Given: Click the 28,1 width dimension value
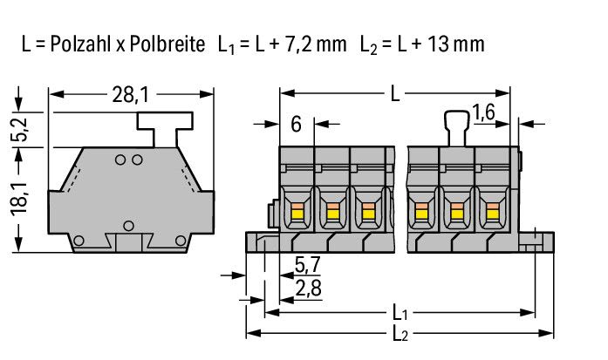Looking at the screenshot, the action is coord(130,95).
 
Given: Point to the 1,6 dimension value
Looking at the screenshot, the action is coord(483,112).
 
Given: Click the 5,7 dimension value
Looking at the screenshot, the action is coord(308,265).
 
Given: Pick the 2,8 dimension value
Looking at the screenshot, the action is coord(308,289).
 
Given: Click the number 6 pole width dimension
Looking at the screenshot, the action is coord(296,125).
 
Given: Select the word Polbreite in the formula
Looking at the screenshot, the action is coord(167,44).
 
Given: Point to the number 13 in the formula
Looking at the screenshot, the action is coord(439,44).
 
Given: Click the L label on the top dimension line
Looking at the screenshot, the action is coord(395,94).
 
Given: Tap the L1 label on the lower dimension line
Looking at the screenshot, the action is coord(400,312).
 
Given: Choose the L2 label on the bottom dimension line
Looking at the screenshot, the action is coord(400,333).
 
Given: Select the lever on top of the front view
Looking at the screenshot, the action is coord(457,128).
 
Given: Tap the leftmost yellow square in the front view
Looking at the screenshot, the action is coord(297,214).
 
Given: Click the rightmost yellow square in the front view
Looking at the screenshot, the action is coord(493,214).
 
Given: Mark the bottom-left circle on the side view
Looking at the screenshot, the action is coord(79,241).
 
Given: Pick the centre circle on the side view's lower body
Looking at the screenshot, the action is coord(128,226).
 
